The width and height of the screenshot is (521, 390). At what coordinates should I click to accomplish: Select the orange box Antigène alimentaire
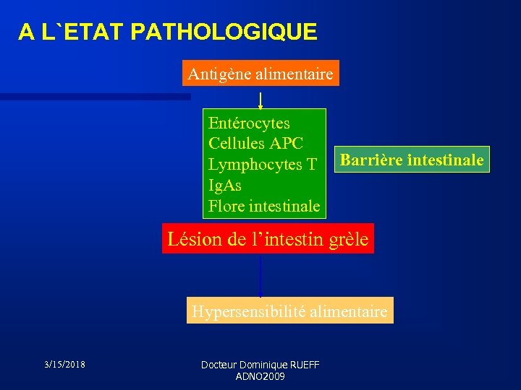[x=260, y=74]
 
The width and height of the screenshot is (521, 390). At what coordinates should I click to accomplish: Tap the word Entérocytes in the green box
[x=249, y=123]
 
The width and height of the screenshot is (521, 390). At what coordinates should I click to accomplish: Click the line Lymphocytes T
[x=262, y=165]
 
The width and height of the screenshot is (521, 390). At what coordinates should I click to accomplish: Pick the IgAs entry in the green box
[x=225, y=186]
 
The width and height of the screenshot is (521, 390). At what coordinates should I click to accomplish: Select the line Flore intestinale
[x=264, y=207]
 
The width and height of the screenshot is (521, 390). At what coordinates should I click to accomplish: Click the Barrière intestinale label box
[x=412, y=160]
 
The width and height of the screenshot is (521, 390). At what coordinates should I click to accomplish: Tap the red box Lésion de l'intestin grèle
[x=268, y=239]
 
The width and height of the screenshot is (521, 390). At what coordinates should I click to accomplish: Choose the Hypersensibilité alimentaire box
[x=289, y=312]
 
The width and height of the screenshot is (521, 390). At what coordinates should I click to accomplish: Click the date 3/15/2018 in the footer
[x=64, y=364]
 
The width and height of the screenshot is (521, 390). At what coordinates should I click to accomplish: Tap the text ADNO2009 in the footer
[x=260, y=376]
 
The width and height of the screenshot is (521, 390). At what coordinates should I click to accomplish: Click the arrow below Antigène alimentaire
[x=260, y=97]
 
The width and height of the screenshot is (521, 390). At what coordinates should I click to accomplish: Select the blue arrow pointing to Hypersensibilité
[x=260, y=276]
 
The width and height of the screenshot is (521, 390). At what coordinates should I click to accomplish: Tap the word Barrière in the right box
[x=371, y=160]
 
